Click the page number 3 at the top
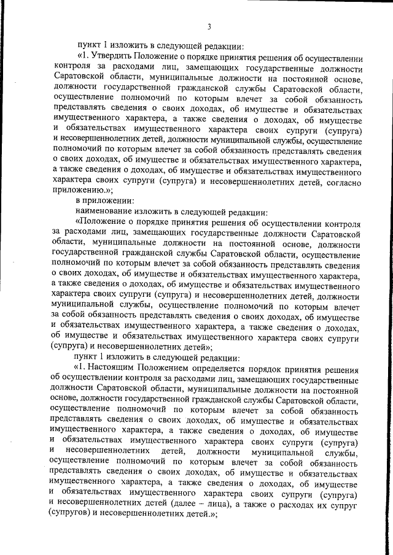(209, 26)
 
